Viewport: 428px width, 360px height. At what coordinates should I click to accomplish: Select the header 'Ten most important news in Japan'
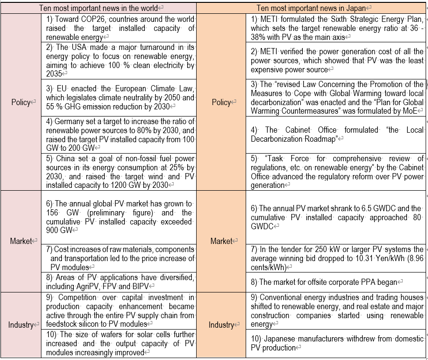(x=312, y=8)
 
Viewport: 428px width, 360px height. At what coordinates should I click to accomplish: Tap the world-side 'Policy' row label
(x=21, y=102)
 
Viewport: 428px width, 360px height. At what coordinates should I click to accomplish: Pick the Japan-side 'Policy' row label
(x=221, y=102)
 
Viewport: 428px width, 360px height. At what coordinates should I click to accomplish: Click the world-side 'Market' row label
(x=21, y=241)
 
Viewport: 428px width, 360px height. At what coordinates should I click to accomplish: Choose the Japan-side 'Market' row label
(x=221, y=241)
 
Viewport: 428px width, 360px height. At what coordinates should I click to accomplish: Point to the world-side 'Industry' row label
(x=21, y=325)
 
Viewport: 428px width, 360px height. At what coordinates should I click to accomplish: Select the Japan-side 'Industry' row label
(x=221, y=325)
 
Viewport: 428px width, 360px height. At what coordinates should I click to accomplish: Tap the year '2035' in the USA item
(x=54, y=74)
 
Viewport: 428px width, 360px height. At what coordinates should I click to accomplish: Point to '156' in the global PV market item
(x=52, y=213)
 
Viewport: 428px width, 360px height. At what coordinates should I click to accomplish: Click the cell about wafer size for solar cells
(x=119, y=343)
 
